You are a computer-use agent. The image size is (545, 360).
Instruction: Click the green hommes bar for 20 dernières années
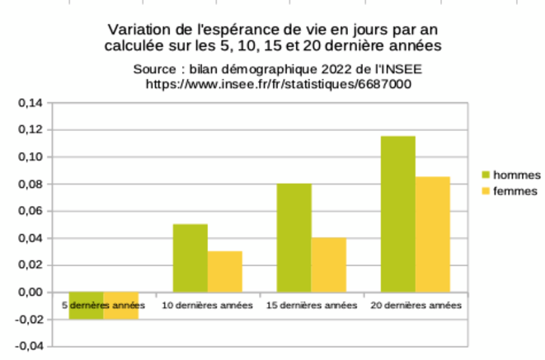pos(397,213)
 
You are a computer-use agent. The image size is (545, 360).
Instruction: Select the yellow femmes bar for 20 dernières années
pos(432,234)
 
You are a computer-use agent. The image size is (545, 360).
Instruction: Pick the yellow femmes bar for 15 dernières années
pos(328,264)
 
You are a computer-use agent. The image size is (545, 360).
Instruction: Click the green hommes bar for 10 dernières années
pos(190,258)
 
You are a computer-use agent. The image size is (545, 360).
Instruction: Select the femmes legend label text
pos(515,191)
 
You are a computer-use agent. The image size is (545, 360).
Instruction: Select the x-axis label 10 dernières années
pos(207,306)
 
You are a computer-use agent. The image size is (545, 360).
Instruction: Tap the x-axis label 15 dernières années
pos(311,306)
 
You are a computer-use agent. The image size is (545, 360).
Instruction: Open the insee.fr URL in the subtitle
pos(278,83)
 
